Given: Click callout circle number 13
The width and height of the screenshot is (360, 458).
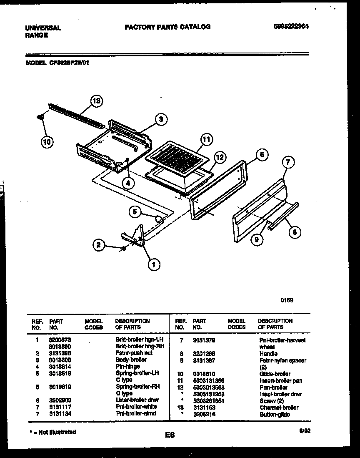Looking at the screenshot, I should tap(97, 101).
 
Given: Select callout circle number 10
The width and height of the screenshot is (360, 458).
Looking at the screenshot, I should tap(47, 142).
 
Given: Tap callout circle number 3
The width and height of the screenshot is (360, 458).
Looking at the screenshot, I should tap(161, 120).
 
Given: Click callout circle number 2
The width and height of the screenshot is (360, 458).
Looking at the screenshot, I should tap(98, 245).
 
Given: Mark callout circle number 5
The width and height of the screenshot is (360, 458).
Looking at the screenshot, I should tap(134, 212).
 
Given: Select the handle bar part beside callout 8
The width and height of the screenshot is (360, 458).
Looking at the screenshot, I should tap(283, 216).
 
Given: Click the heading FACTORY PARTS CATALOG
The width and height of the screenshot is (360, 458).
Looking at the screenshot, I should tap(167, 27).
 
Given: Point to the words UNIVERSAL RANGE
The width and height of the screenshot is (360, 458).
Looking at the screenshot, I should tap(43, 32).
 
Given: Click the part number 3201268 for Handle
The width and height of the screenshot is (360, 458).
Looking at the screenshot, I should tap(204, 353).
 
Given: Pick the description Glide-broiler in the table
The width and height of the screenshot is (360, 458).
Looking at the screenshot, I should tap(275, 374).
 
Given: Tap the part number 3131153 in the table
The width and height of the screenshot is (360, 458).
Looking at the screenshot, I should tap(204, 408).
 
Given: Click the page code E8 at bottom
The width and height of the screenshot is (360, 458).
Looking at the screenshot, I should tap(169, 435).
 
